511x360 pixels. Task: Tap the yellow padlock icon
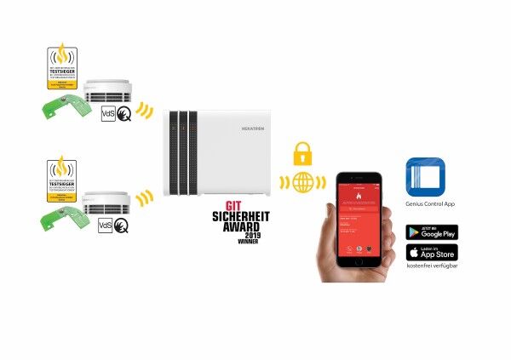302,154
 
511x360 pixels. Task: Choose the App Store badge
432,252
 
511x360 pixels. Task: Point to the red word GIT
233,204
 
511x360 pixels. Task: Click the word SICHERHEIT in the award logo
232,216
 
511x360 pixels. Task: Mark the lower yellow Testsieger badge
60,178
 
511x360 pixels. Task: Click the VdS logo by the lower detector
106,226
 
